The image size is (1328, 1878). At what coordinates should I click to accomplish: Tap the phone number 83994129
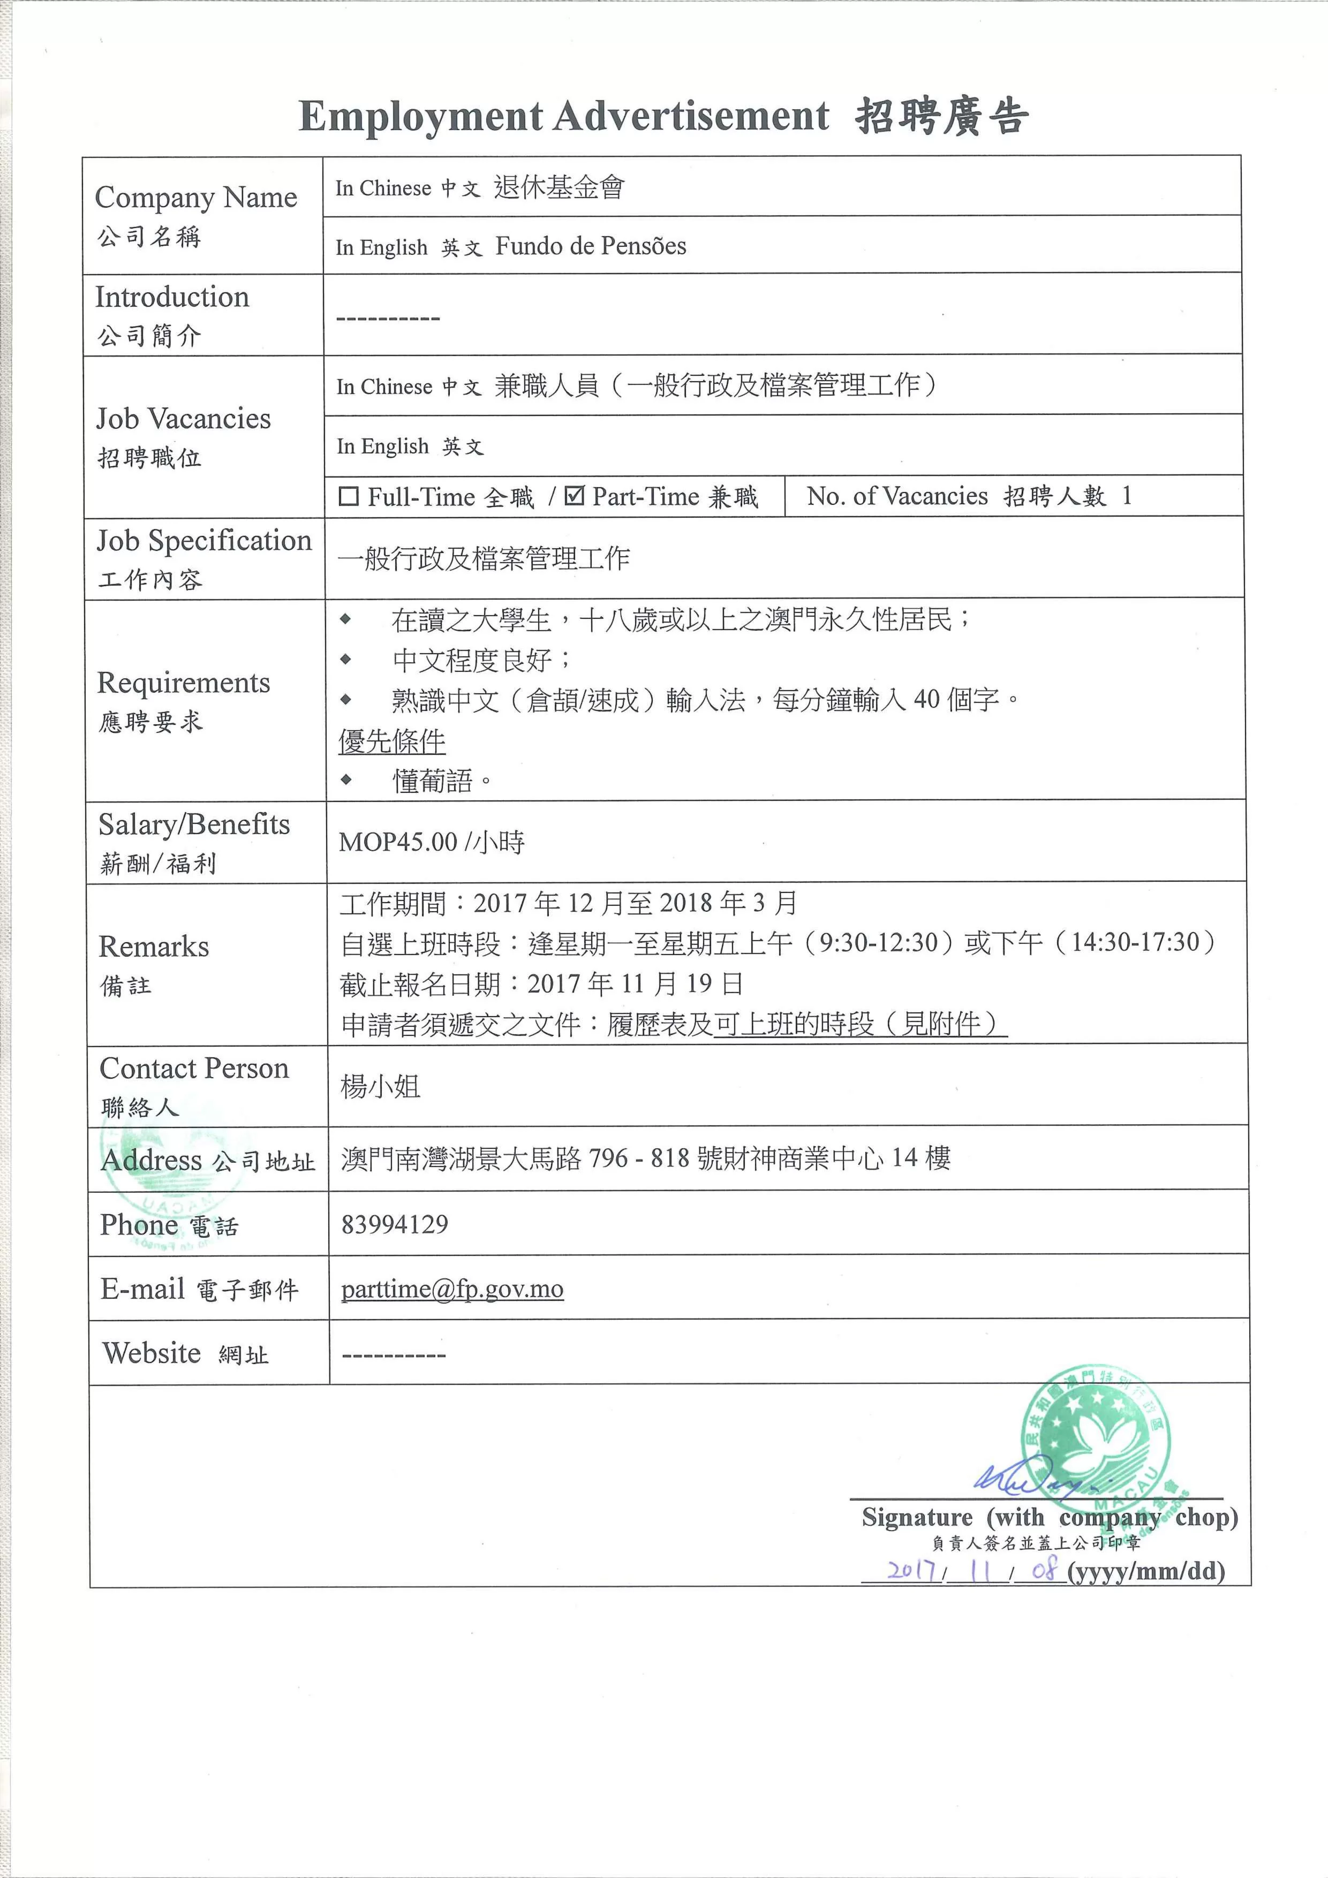[395, 1224]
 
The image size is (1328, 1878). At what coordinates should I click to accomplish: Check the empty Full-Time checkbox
[349, 496]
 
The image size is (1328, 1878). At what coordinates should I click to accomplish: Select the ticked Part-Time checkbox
[575, 496]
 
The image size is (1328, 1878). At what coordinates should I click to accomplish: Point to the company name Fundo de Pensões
[591, 246]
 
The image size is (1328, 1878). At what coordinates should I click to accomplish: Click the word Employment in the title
[420, 116]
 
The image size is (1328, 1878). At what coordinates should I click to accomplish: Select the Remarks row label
[154, 946]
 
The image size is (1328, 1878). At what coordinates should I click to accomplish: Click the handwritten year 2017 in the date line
[912, 1570]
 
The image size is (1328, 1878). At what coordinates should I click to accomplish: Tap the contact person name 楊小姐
[381, 1087]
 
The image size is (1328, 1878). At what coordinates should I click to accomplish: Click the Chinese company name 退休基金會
[559, 187]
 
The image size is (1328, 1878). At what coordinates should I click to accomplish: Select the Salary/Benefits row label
[194, 824]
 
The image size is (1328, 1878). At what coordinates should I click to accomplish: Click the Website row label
[152, 1353]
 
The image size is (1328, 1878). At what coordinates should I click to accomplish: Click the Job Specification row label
[203, 541]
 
